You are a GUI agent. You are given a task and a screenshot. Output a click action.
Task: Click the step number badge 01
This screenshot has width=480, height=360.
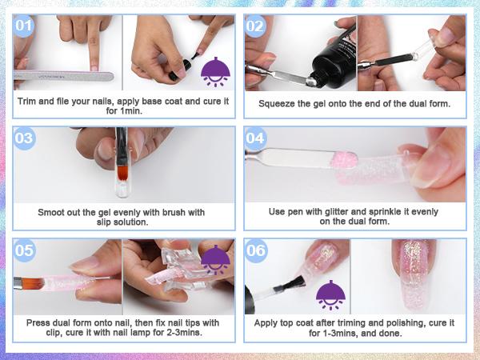point(25,26)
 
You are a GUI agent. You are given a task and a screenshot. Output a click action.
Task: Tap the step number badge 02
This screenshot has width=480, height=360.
point(255,26)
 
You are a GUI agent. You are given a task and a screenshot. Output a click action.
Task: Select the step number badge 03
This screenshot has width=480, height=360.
point(25,138)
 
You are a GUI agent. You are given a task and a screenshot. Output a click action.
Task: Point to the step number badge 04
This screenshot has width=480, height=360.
point(255,138)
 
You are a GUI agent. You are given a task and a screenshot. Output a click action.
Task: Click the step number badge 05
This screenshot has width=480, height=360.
point(25,250)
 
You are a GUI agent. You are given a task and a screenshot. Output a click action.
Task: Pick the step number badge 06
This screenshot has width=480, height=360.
point(255,250)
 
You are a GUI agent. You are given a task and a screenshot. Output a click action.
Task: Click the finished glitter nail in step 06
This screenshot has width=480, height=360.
point(418,271)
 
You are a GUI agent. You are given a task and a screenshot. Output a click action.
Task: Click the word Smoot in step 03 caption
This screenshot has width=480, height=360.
point(53,212)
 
